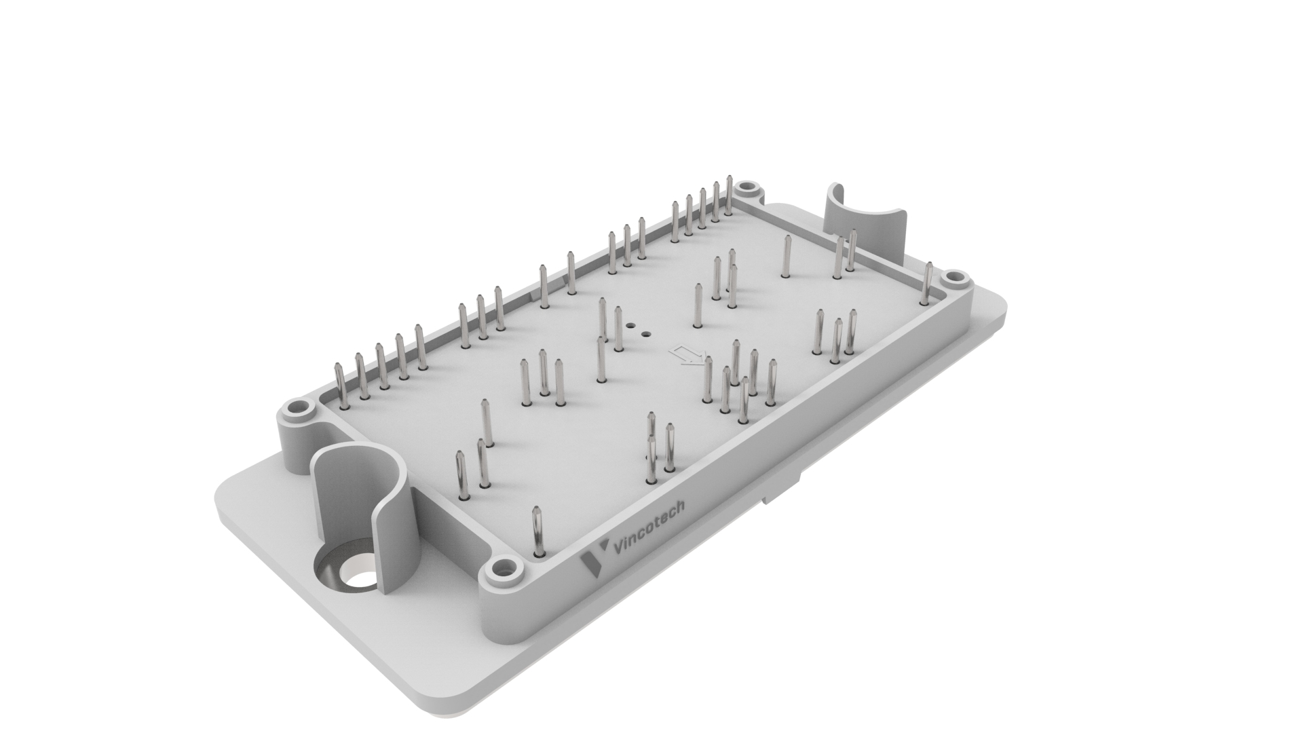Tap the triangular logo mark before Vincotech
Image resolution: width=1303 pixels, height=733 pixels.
coord(592,562)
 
